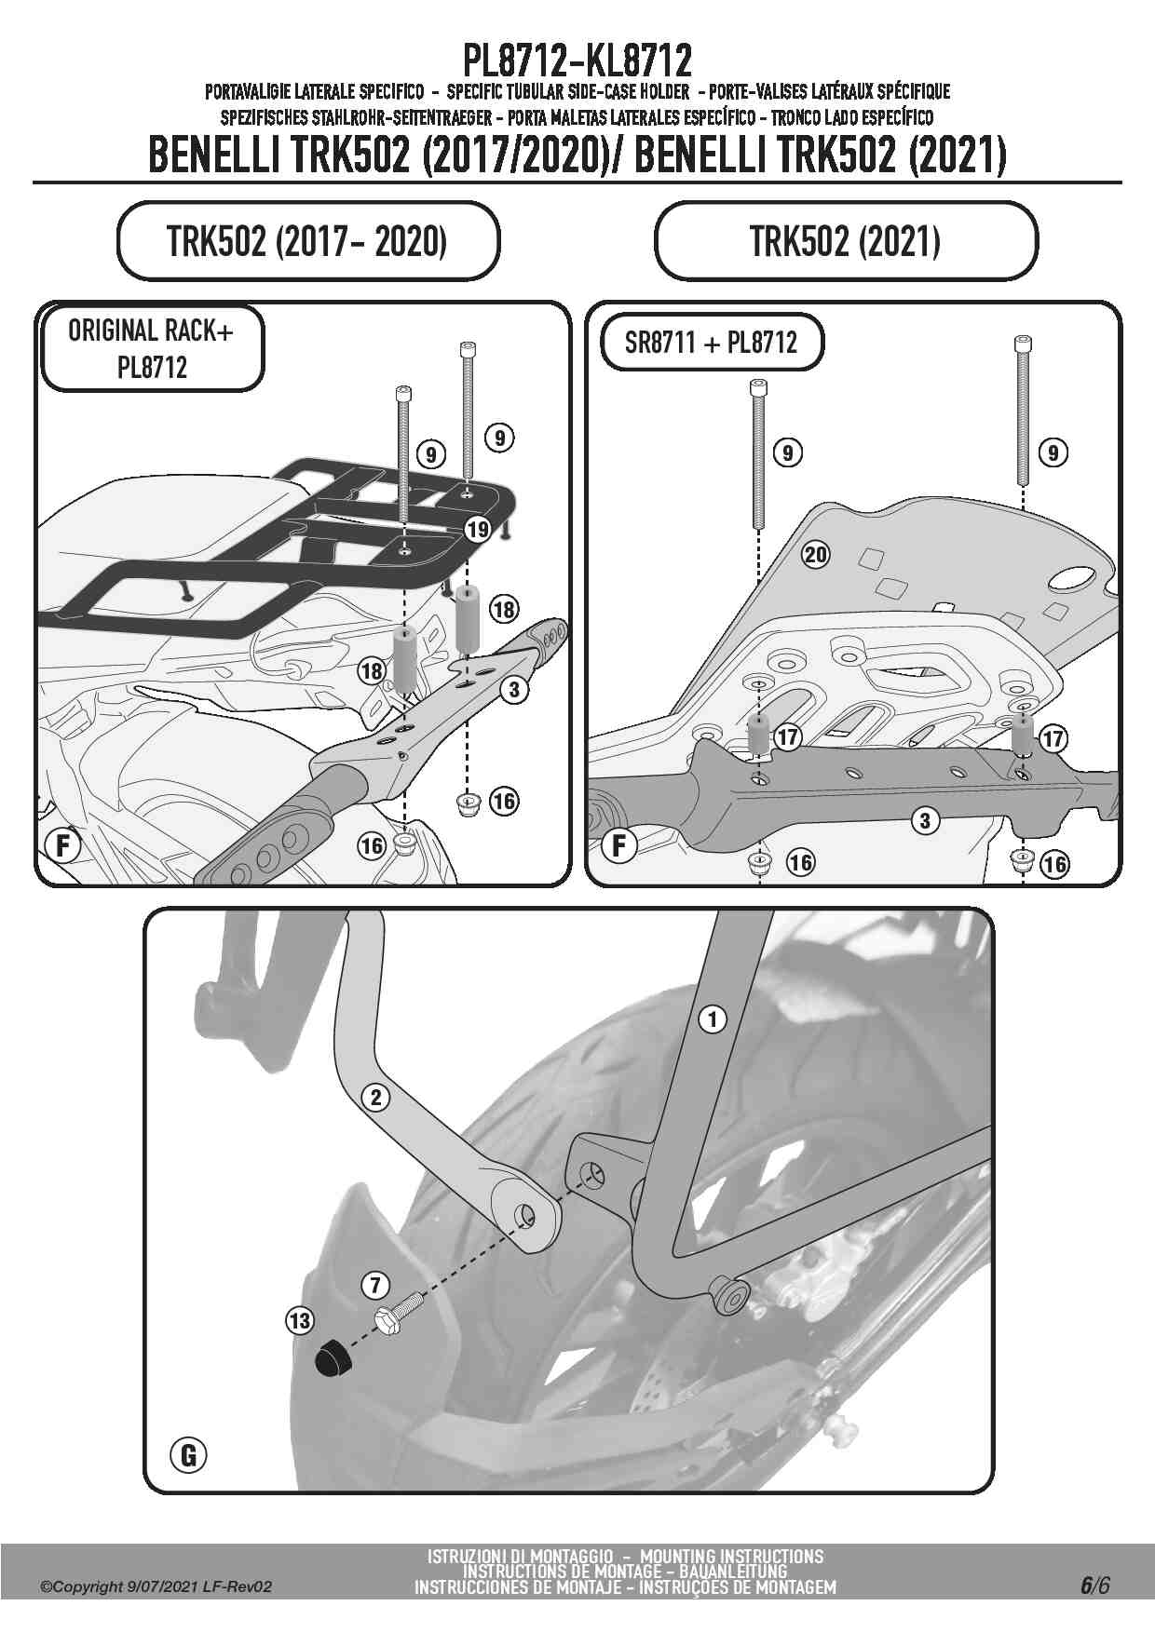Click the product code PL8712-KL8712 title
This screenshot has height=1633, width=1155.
(577, 61)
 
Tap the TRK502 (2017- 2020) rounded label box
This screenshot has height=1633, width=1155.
(308, 241)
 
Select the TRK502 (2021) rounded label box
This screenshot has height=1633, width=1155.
(846, 241)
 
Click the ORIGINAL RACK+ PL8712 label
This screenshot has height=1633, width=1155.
(150, 348)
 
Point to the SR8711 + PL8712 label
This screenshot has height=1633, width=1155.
(711, 343)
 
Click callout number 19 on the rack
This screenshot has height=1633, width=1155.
(478, 530)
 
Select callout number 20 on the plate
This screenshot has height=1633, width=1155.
(815, 555)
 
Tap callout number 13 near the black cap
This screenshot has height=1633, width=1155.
(300, 1320)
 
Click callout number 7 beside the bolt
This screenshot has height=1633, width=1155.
(374, 1286)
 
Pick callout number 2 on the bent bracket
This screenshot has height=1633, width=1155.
(376, 1098)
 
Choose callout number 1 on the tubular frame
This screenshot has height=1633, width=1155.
(713, 1019)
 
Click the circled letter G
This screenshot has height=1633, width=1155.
(188, 1454)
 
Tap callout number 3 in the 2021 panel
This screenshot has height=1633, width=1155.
(925, 820)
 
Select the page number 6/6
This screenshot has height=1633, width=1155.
(1094, 1586)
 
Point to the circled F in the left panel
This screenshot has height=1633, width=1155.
(63, 846)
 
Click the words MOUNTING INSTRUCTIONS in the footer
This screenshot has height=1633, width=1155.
(732, 1556)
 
